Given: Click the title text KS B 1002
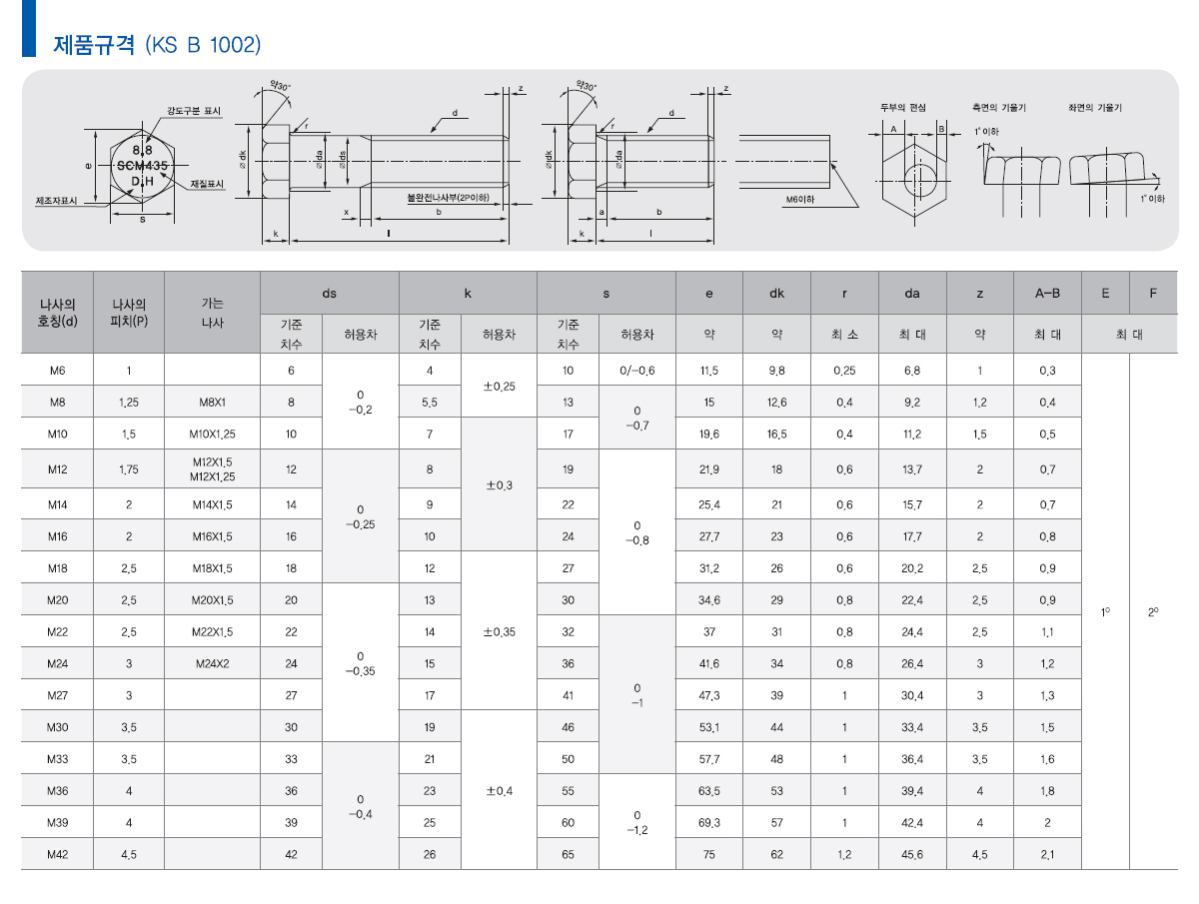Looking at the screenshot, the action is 203,45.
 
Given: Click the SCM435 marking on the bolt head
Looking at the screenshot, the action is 142,166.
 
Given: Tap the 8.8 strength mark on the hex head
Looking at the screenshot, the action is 142,150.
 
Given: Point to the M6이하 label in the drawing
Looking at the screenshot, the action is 799,199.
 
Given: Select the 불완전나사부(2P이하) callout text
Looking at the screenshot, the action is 448,197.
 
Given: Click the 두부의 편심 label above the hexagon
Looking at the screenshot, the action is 903,108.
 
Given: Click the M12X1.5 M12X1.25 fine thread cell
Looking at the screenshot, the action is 213,469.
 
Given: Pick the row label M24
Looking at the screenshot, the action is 57,664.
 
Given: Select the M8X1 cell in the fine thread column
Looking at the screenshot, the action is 213,403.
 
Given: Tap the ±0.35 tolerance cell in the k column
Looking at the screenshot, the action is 500,632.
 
